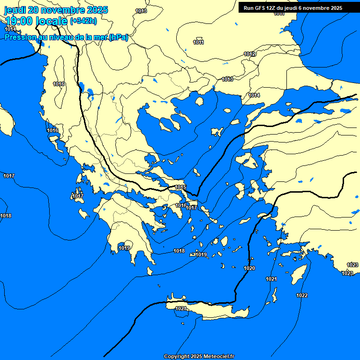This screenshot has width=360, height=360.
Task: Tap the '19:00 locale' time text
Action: pyautogui.click(x=36, y=21)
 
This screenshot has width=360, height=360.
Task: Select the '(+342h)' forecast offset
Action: pyautogui.click(x=83, y=21)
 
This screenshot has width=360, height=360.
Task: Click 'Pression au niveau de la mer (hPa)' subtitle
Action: pyautogui.click(x=66, y=37)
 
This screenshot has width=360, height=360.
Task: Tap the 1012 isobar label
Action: pyautogui.click(x=249, y=54)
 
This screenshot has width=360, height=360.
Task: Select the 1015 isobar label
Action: pyautogui.click(x=180, y=187)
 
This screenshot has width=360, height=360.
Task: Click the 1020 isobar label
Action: pyautogui.click(x=249, y=268)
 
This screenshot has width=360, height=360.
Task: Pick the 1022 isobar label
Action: pyautogui.click(x=302, y=295)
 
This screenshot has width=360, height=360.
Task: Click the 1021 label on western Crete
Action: pyautogui.click(x=181, y=308)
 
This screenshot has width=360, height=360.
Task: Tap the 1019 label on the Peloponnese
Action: pyautogui.click(x=124, y=248)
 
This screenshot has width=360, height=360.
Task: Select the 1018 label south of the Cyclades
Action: pyautogui.click(x=179, y=251)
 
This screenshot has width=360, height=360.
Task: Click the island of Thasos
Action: pyautogui.click(x=199, y=101)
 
